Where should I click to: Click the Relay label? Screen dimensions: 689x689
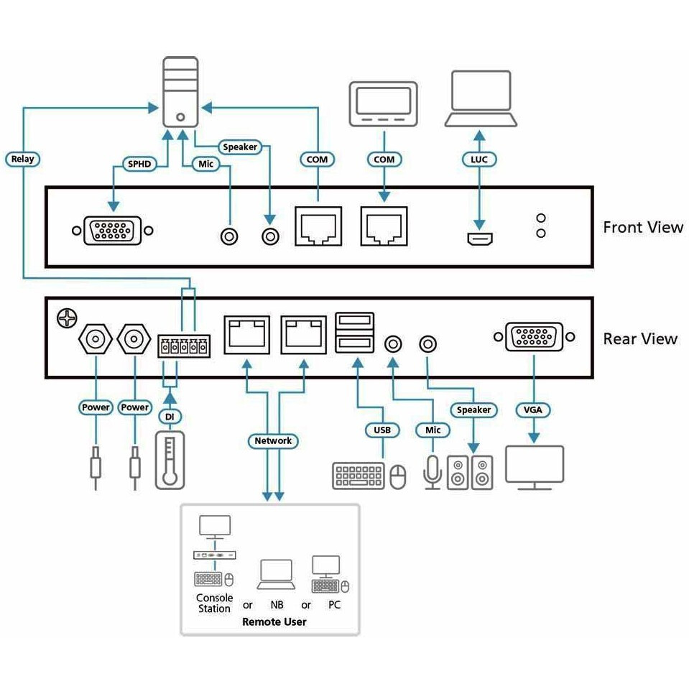coord(22,159)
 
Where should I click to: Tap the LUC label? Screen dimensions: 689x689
coord(478,159)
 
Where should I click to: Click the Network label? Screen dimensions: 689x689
coord(273,440)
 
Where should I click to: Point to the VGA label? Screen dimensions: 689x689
coord(534,410)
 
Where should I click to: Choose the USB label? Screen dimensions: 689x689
coord(382,430)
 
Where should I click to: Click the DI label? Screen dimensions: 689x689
coord(170,417)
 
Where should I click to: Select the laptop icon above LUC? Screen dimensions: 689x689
coord(481,98)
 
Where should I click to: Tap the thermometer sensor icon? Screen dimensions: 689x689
coord(170,460)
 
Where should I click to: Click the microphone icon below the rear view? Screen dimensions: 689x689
coord(432,471)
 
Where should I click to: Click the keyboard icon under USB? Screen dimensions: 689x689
coord(359,476)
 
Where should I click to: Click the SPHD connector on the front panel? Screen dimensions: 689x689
coord(112,231)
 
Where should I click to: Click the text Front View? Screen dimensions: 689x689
coord(642,228)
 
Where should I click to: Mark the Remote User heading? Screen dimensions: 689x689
coord(274,621)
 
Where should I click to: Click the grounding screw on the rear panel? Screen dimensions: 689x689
coord(65,317)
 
